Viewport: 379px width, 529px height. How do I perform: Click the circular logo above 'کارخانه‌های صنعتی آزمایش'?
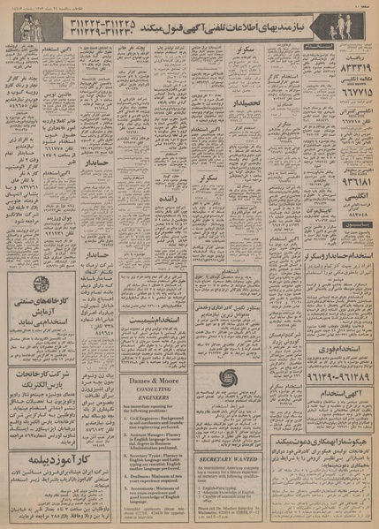39,284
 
